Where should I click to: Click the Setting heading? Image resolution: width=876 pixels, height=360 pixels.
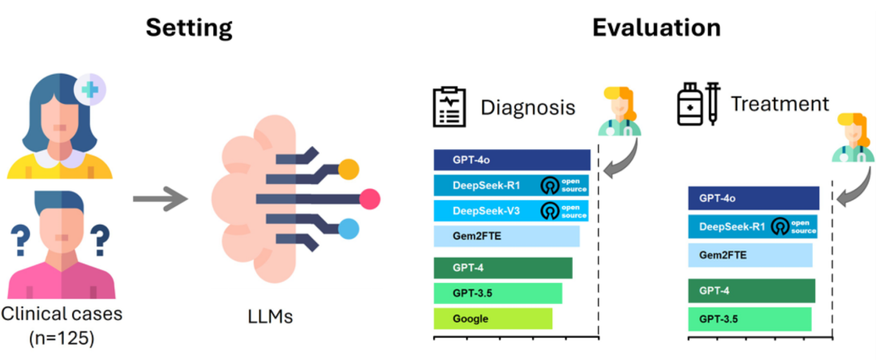pyautogui.click(x=189, y=28)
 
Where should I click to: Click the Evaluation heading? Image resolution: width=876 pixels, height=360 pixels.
pyautogui.click(x=656, y=28)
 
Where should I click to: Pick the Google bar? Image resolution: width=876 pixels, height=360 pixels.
pyautogui.click(x=492, y=319)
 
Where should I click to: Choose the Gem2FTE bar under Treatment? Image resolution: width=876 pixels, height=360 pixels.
pyautogui.click(x=749, y=255)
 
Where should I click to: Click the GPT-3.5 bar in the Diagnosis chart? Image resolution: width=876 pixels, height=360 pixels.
pyautogui.click(x=497, y=293)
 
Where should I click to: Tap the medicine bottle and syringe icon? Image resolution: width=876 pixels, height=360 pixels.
pyautogui.click(x=698, y=105)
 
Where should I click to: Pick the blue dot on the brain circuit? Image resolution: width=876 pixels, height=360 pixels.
pyautogui.click(x=348, y=229)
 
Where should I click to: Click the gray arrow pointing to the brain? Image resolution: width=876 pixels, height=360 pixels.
pyautogui.click(x=157, y=197)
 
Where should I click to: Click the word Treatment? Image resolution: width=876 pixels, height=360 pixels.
pyautogui.click(x=779, y=104)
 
